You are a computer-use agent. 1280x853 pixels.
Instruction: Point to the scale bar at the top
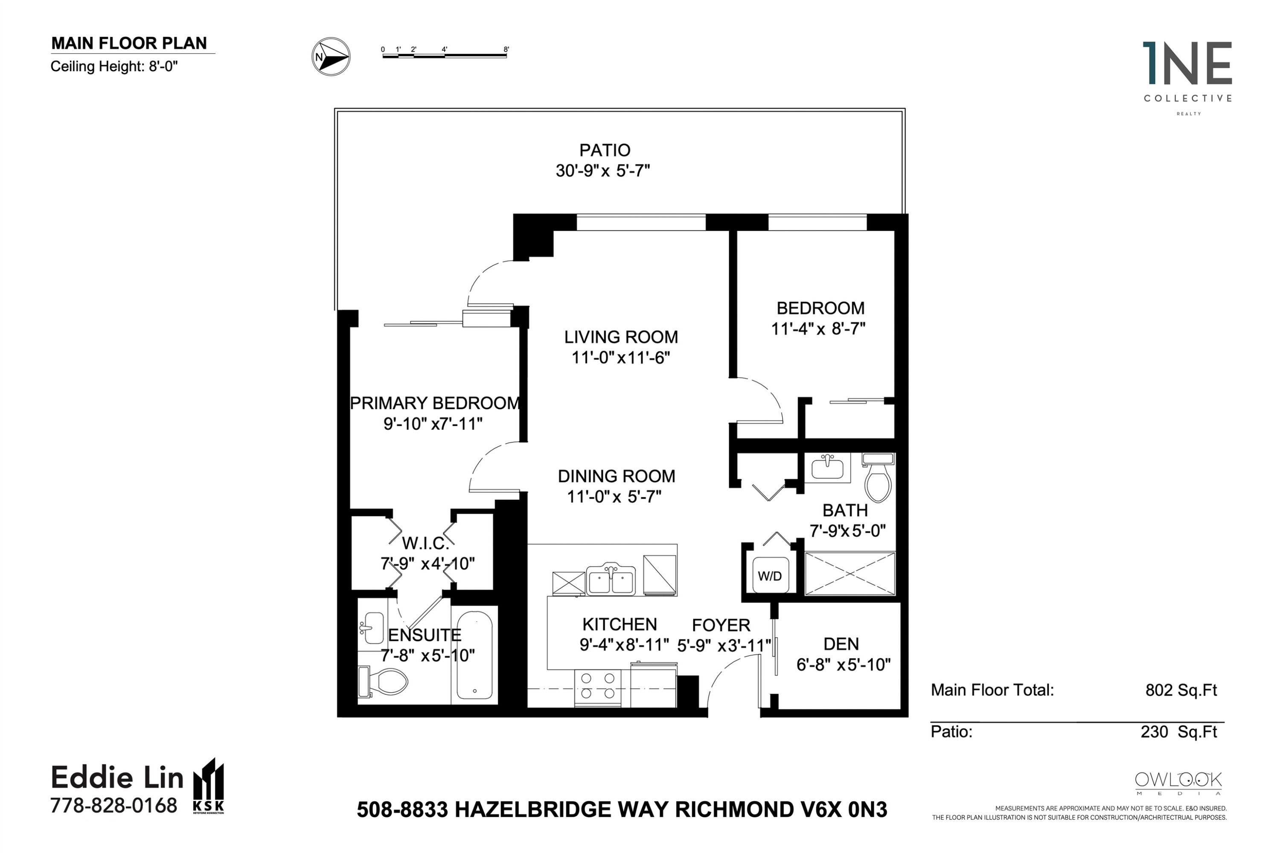pos(445,53)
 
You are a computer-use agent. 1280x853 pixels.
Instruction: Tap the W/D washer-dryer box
pos(770,575)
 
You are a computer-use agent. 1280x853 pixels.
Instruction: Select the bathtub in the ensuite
pos(474,655)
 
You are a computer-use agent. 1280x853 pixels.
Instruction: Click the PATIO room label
pos(605,150)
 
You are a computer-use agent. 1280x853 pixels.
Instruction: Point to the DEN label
pos(841,644)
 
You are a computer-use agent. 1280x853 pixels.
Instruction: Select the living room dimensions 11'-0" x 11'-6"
pos(620,358)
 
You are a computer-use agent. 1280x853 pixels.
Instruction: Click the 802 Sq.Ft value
pos(1181,691)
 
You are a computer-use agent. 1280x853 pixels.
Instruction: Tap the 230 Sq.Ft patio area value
pos(1179,732)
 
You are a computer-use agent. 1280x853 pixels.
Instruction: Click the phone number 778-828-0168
pos(114,805)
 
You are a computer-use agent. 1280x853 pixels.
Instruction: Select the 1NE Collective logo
pos(1187,79)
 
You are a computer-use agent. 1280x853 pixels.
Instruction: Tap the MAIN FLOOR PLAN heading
pos(129,44)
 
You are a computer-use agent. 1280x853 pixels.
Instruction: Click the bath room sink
pos(827,467)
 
